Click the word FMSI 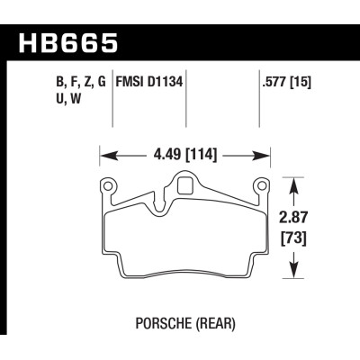tap(130, 83)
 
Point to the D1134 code tap(166, 83)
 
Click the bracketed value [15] tap(303, 83)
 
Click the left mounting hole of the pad tap(108, 187)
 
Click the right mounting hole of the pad tap(263, 187)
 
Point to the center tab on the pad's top tap(185, 187)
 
